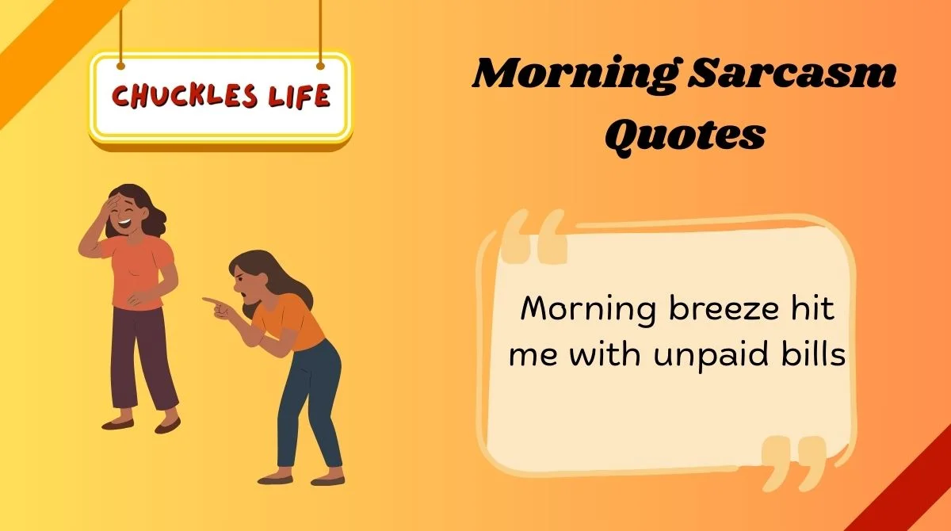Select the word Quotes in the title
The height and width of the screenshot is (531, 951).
click(685, 134)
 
